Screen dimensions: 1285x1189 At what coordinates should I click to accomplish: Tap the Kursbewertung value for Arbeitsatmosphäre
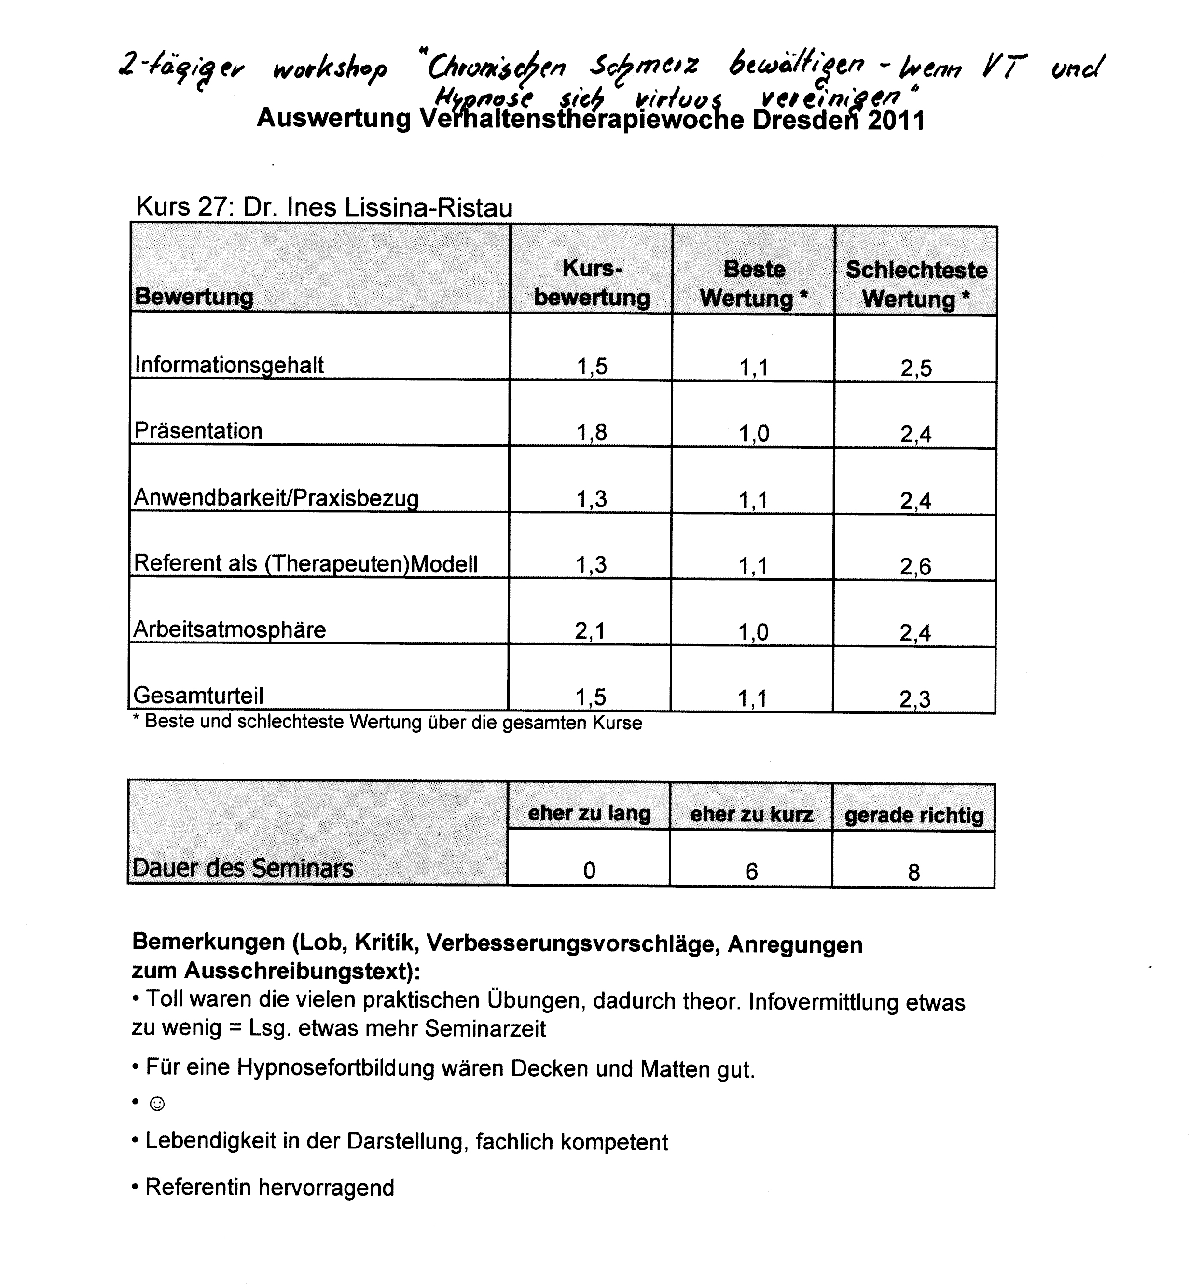590,631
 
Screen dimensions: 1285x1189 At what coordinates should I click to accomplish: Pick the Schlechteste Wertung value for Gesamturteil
915,699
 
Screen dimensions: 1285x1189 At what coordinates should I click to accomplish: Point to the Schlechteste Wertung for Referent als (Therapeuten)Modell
915,566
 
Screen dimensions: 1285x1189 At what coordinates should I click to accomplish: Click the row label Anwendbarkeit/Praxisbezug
276,498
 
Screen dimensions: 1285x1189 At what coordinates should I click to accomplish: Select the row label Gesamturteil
198,695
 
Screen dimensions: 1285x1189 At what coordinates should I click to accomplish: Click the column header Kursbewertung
592,283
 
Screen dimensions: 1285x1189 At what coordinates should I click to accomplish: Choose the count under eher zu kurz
751,872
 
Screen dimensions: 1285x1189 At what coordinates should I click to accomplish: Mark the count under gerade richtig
913,872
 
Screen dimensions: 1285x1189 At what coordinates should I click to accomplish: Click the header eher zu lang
589,814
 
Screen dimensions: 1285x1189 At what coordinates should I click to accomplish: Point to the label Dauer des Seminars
243,868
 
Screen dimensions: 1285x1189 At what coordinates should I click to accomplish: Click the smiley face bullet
156,1104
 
